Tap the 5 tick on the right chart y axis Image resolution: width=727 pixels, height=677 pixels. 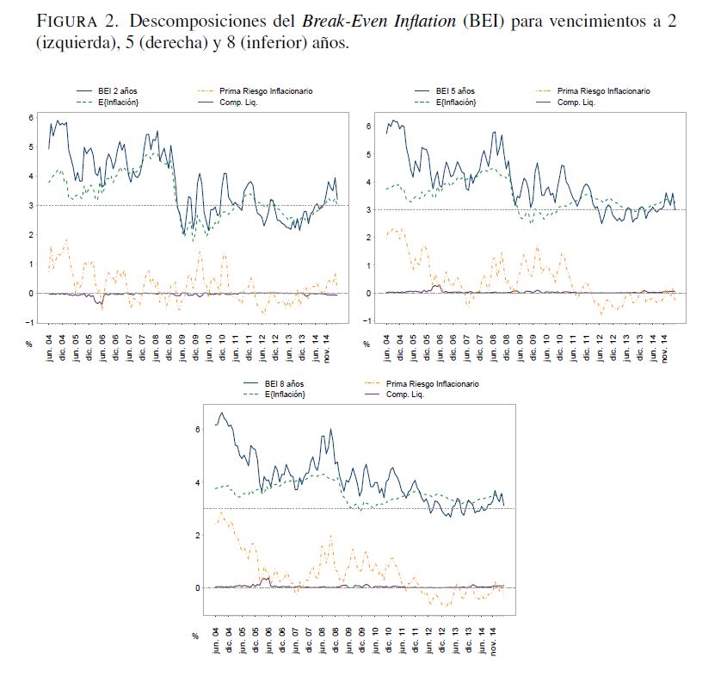tap(367, 154)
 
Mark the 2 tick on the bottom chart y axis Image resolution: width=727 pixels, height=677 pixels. tap(197, 535)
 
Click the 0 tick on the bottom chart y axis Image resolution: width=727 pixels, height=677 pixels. tap(197, 588)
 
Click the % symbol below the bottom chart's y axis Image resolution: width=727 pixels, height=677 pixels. tap(195, 637)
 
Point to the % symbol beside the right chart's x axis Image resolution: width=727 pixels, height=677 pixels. tap(366, 344)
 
